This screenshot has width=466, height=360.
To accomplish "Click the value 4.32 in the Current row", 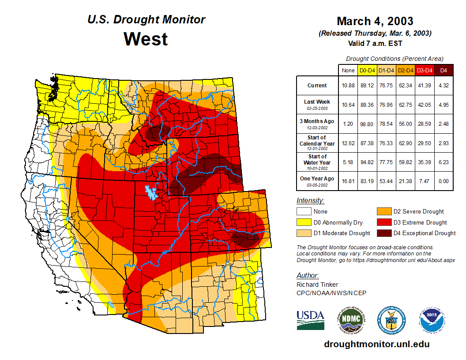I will coord(443,86).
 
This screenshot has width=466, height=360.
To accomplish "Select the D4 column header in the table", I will coord(443,70).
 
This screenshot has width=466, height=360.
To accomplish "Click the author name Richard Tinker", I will coord(317,285).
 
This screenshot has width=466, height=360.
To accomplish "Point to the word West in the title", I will coord(146,39).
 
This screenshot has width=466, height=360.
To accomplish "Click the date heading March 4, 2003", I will coord(375,21).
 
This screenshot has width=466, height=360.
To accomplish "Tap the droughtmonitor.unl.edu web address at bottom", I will coord(376,344).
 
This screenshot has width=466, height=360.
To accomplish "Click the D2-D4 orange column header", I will coord(405,70).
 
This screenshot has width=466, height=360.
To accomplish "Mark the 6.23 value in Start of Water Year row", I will coord(443,162).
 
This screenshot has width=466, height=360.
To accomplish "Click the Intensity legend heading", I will coord(310,201).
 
